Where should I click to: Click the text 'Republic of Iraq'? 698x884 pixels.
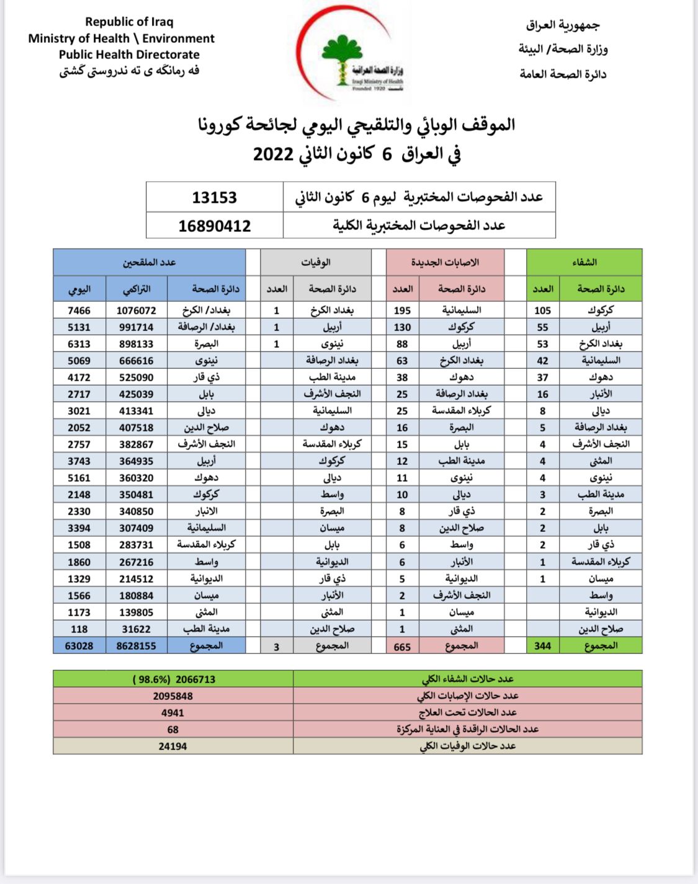point(129,22)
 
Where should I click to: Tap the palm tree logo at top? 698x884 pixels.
point(342,59)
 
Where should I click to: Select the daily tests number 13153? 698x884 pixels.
point(215,198)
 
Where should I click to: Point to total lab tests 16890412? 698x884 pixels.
point(215,226)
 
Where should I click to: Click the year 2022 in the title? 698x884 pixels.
point(273,154)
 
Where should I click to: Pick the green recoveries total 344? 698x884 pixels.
point(542,646)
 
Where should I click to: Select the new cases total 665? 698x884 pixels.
point(402,647)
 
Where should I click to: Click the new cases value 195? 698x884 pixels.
point(402,311)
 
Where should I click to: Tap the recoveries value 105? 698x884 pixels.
point(542,311)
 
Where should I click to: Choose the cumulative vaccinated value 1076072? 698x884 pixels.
point(136,311)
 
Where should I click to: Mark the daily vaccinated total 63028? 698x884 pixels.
point(79,646)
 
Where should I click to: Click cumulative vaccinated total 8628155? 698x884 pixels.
point(136,646)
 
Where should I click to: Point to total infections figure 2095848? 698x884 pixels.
point(173,696)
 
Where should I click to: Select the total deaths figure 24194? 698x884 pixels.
point(172,746)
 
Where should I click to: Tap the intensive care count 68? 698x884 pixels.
point(172,730)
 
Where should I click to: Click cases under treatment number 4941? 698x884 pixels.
point(172,713)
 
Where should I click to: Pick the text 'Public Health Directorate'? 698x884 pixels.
point(129,55)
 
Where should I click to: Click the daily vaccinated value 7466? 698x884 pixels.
point(79,311)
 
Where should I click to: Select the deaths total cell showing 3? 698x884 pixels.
point(277,647)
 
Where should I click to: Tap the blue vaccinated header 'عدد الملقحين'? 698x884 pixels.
point(149,262)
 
